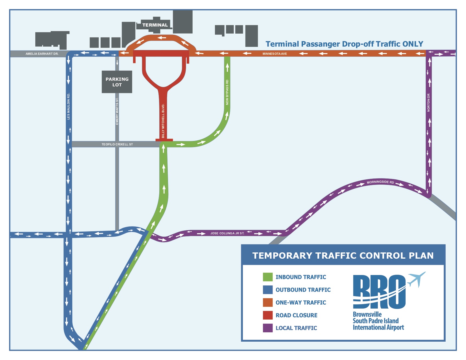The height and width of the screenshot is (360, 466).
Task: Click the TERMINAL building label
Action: click(x=155, y=25)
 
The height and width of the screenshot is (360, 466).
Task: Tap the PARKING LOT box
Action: click(x=117, y=82)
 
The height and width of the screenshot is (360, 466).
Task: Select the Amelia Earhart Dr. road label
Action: click(x=42, y=54)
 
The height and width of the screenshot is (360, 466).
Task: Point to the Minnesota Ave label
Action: click(x=275, y=54)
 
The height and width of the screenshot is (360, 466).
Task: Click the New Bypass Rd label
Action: click(x=227, y=92)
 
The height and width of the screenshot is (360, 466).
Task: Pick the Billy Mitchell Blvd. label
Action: click(x=163, y=121)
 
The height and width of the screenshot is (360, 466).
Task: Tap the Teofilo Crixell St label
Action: click(x=117, y=144)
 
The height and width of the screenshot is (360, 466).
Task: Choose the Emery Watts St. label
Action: click(x=117, y=111)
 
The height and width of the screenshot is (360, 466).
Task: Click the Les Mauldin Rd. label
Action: click(x=68, y=106)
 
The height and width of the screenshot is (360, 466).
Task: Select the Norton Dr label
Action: click(x=428, y=102)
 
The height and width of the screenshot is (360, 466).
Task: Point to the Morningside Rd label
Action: click(x=380, y=182)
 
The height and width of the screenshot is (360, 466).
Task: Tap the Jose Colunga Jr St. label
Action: click(x=227, y=233)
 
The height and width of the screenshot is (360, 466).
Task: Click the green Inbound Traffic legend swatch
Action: click(x=267, y=277)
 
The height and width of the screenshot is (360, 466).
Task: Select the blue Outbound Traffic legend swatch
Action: click(x=267, y=290)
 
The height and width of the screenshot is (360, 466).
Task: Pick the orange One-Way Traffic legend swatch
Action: click(x=267, y=302)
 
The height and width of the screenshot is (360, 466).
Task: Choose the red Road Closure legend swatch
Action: click(x=267, y=315)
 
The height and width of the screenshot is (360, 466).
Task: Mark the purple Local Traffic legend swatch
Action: click(x=267, y=328)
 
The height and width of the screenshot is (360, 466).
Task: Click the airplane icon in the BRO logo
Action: click(x=417, y=279)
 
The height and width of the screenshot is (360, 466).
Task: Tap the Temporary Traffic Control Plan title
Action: click(x=343, y=256)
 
